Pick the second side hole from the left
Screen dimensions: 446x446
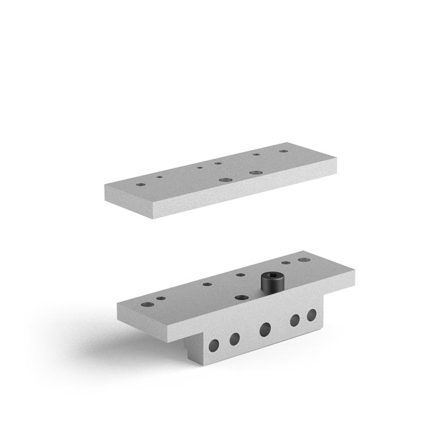[235, 338]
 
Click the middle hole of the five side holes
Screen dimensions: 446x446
[265, 329]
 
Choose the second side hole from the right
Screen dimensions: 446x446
[295, 320]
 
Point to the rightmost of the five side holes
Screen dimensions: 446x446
[311, 315]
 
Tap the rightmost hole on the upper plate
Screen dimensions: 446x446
[283, 152]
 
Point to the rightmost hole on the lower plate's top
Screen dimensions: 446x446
[303, 260]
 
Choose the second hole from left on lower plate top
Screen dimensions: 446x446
[160, 298]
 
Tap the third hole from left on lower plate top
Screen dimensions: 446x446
[206, 285]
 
